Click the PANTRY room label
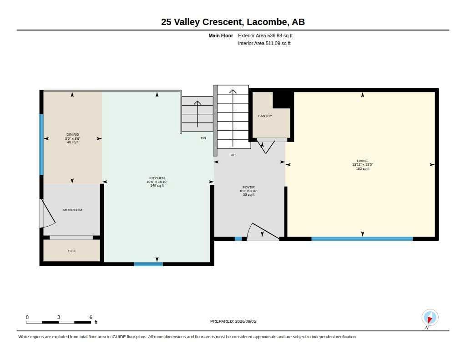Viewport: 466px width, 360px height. click(x=265, y=116)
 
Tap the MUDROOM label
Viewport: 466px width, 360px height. click(x=72, y=210)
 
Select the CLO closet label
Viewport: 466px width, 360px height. click(x=71, y=251)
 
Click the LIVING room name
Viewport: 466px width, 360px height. click(x=362, y=161)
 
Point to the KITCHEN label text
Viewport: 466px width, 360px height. click(x=157, y=178)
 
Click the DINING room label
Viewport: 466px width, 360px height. click(x=72, y=134)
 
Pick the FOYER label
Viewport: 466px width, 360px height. click(x=249, y=188)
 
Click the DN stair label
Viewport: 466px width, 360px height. click(x=203, y=138)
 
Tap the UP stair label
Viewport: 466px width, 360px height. click(x=233, y=155)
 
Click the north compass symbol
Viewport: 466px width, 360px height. click(x=430, y=318)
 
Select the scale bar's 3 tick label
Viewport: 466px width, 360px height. click(x=59, y=317)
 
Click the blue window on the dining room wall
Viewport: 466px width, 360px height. click(x=41, y=145)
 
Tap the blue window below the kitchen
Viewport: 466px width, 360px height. click(x=149, y=264)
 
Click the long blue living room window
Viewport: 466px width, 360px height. click(x=362, y=239)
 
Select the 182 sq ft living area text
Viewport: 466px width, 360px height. click(x=363, y=168)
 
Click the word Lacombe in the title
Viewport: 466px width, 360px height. click(x=267, y=22)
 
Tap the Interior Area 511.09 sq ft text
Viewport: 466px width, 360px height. click(x=264, y=43)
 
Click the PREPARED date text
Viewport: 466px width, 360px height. click(x=233, y=321)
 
